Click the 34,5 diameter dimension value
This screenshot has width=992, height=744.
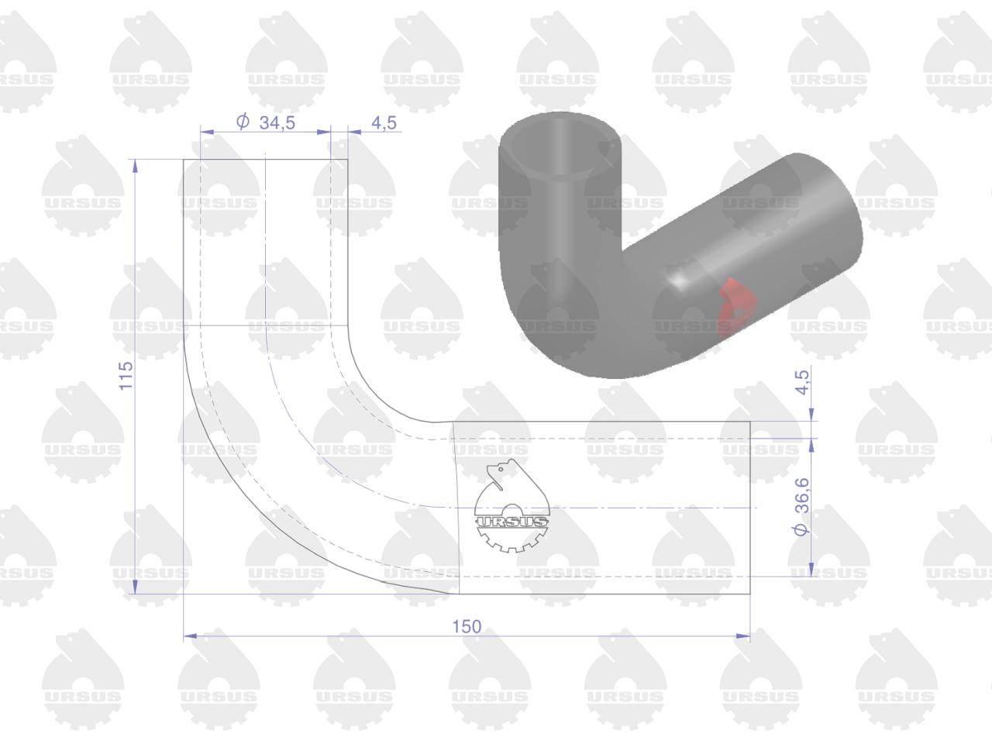click(277, 122)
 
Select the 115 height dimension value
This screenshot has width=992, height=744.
click(126, 375)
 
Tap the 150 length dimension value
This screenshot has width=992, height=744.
click(467, 626)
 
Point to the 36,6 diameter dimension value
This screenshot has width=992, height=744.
click(802, 494)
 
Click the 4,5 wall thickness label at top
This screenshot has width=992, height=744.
click(384, 122)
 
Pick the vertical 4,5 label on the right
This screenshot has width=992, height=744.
click(803, 382)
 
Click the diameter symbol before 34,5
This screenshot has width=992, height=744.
click(243, 122)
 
